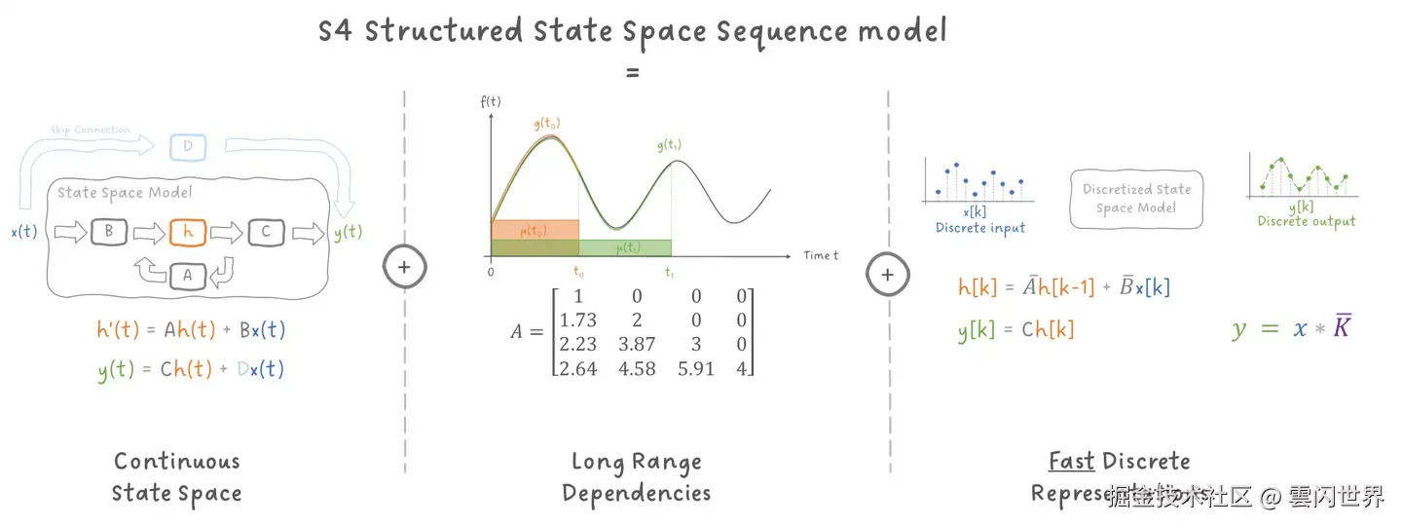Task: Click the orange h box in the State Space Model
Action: coord(187,232)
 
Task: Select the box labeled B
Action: coord(109,232)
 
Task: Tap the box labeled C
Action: coord(265,232)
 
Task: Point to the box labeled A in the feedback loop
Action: coord(187,277)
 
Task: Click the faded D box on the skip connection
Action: coord(188,148)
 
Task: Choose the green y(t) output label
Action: coord(347,232)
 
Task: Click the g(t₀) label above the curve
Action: coord(548,124)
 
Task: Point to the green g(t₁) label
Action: coord(669,145)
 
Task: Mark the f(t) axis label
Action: coord(490,100)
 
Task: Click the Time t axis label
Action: coord(821,255)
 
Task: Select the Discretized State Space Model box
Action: coord(1136,199)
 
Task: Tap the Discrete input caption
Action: coord(979,227)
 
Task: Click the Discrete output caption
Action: coord(1306,221)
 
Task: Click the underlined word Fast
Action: coord(1071,461)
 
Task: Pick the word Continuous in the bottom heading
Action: coord(176,461)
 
